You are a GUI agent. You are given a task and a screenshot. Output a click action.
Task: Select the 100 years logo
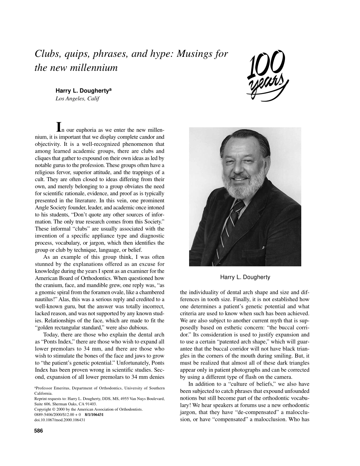tap(268, 76)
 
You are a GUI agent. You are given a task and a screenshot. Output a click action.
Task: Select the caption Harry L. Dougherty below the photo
tap(245, 277)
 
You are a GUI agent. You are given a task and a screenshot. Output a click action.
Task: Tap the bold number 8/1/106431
tap(94, 414)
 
